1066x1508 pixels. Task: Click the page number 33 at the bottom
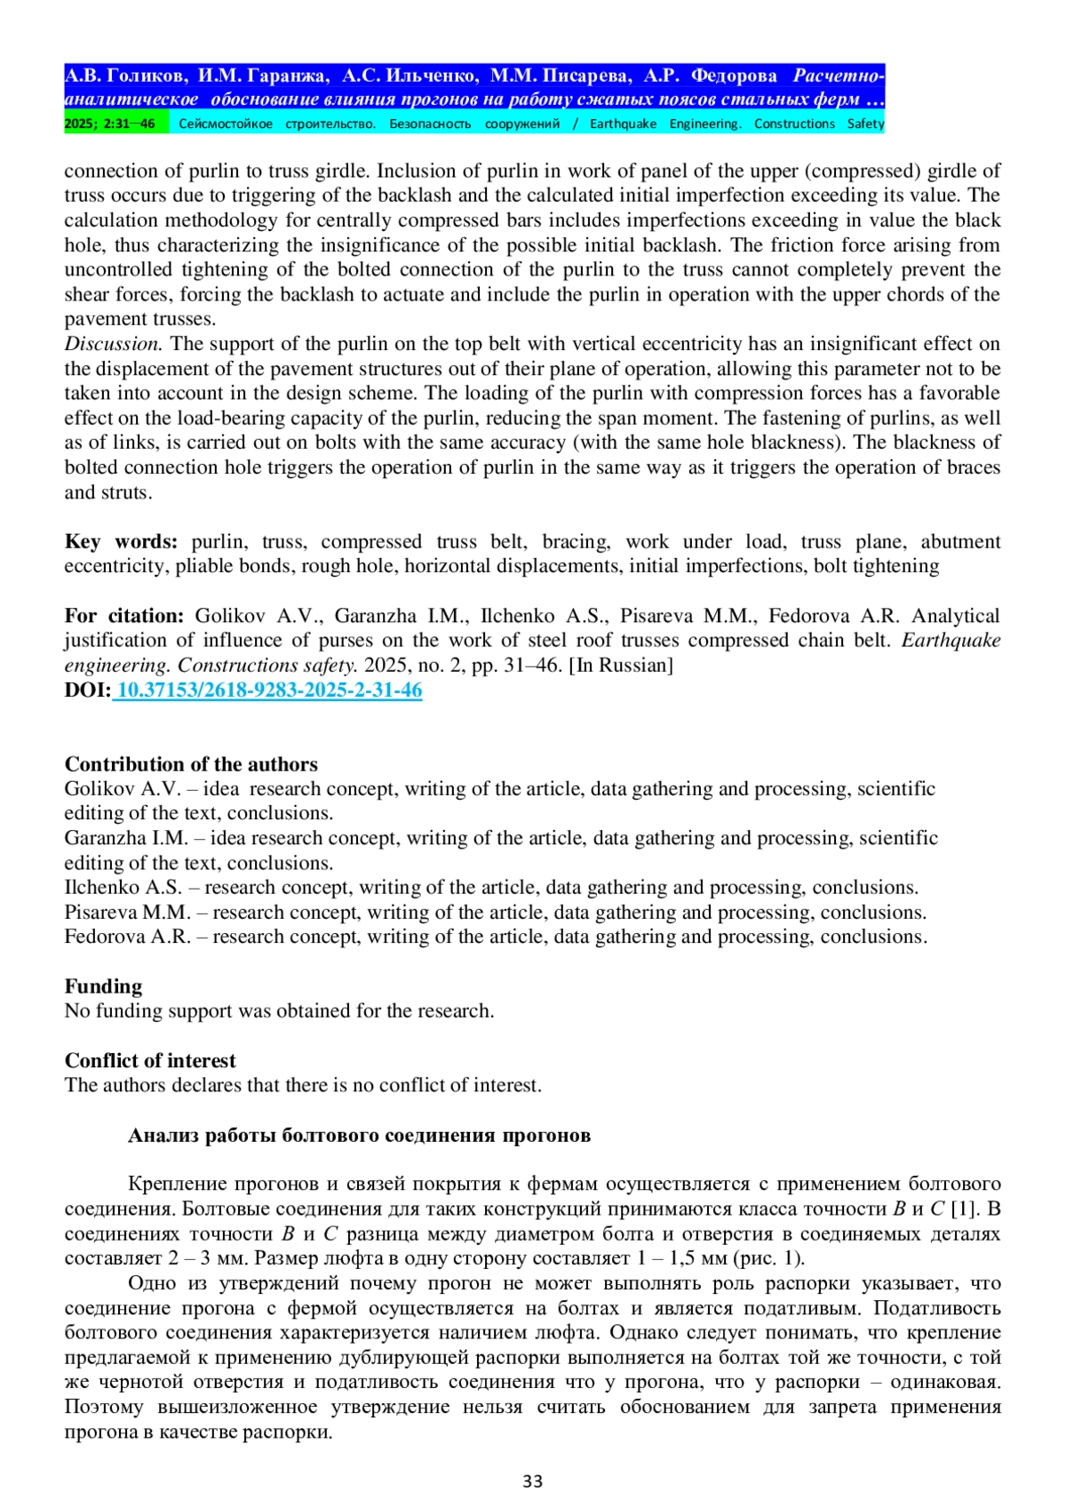pos(532,1480)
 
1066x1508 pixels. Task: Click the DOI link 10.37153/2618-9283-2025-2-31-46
pos(269,690)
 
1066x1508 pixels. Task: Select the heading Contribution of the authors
pos(191,764)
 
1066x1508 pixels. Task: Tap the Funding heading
pos(103,986)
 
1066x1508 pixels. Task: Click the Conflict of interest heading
pos(150,1061)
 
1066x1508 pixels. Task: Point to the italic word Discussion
pos(113,344)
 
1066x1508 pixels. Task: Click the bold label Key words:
pos(121,542)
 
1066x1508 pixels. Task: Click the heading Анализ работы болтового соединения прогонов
pos(359,1136)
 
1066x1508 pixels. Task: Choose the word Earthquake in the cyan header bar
pos(623,124)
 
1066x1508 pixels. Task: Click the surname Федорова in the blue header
pos(734,76)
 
